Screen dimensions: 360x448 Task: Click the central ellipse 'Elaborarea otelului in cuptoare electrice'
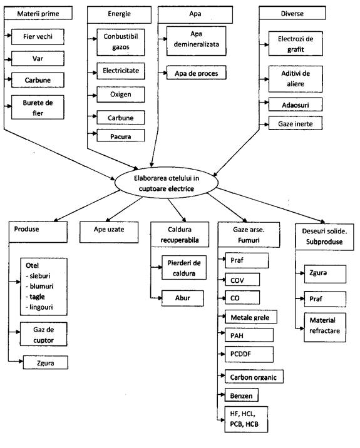pyautogui.click(x=166, y=183)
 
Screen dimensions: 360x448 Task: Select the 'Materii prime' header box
pyautogui.click(x=38, y=13)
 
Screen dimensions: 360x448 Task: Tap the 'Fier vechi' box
pyautogui.click(x=38, y=36)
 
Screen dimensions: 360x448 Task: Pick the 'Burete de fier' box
pyautogui.click(x=38, y=108)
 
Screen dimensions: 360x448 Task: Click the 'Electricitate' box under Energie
pyautogui.click(x=121, y=71)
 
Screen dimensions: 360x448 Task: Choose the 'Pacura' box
pyautogui.click(x=121, y=135)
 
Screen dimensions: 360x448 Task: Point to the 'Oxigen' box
pyautogui.click(x=121, y=94)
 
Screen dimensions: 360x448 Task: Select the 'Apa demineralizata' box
pyautogui.click(x=197, y=41)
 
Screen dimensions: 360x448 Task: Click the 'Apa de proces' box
pyautogui.click(x=197, y=73)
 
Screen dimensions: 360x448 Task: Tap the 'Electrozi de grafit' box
pyautogui.click(x=296, y=44)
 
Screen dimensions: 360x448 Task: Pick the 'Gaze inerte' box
pyautogui.click(x=296, y=123)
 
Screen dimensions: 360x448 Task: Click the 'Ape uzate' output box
pyautogui.click(x=109, y=232)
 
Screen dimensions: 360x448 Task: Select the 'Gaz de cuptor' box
pyautogui.click(x=43, y=334)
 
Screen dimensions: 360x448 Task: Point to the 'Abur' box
pyautogui.click(x=183, y=298)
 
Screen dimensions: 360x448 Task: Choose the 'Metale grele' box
pyautogui.click(x=251, y=317)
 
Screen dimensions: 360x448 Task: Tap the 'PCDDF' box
pyautogui.click(x=249, y=354)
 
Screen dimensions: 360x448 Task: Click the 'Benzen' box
pyautogui.click(x=242, y=395)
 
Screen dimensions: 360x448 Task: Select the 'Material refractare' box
pyautogui.click(x=325, y=327)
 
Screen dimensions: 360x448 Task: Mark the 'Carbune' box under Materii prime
pyautogui.click(x=38, y=80)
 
